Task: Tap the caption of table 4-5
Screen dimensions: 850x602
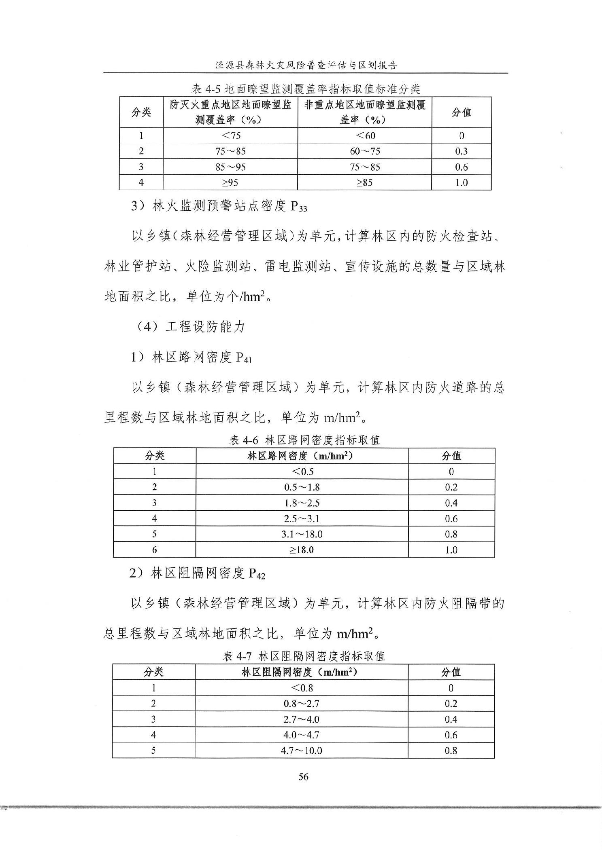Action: pyautogui.click(x=306, y=89)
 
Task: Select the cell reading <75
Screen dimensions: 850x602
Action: pyautogui.click(x=230, y=135)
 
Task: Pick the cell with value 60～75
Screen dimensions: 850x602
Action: pyautogui.click(x=365, y=151)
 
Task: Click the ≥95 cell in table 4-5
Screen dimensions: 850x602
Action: pyautogui.click(x=230, y=182)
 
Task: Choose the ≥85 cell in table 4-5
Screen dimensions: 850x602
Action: pyautogui.click(x=364, y=182)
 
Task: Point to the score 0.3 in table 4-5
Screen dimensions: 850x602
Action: pyautogui.click(x=461, y=151)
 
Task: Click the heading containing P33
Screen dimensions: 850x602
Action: pyautogui.click(x=219, y=206)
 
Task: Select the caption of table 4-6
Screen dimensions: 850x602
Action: pyautogui.click(x=304, y=440)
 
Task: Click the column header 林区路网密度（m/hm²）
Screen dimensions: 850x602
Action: pyautogui.click(x=302, y=456)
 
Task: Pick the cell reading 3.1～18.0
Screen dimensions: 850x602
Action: pyautogui.click(x=302, y=534)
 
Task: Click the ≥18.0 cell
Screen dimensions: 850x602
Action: pyautogui.click(x=302, y=550)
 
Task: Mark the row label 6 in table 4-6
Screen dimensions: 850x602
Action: pyautogui.click(x=154, y=550)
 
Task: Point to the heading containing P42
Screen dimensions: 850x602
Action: pyautogui.click(x=197, y=573)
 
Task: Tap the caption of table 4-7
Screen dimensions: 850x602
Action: pyautogui.click(x=304, y=656)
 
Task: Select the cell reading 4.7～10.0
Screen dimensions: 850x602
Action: pyautogui.click(x=302, y=751)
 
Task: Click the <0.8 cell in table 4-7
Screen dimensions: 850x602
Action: pyautogui.click(x=302, y=688)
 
